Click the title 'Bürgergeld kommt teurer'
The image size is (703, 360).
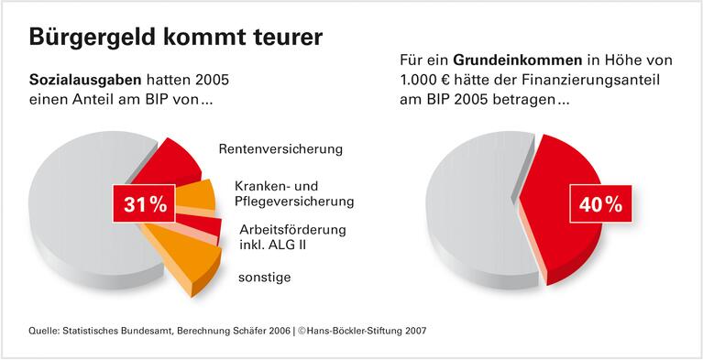(175, 38)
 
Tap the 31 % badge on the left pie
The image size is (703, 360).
(145, 204)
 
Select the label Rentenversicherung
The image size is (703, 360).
(280, 147)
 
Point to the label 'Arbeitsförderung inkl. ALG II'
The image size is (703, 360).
(292, 236)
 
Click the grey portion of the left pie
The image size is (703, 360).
(73, 211)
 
